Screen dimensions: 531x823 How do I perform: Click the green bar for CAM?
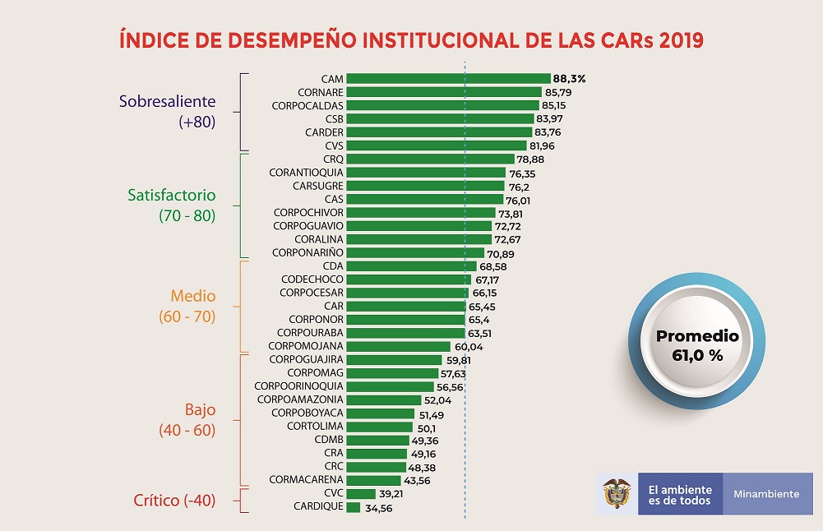tap(448, 79)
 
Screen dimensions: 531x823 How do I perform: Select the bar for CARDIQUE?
tap(354, 507)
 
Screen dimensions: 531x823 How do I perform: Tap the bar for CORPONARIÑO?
tap(415, 252)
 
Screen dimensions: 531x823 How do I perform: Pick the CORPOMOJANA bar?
tap(398, 346)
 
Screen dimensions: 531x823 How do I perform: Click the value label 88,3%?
tap(569, 79)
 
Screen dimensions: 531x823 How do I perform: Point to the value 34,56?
tap(379, 508)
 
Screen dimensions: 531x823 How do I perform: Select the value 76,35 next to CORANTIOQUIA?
tap(523, 173)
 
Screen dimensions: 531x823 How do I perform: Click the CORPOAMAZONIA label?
tap(300, 399)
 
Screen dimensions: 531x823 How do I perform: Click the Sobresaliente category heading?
tap(167, 102)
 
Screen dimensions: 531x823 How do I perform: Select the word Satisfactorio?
tap(172, 196)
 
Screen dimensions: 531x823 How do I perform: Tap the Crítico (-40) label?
tap(174, 499)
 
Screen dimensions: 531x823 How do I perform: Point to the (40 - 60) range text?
tap(187, 429)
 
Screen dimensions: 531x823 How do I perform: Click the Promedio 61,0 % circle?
tap(696, 346)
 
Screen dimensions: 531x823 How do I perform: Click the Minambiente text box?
tap(766, 494)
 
